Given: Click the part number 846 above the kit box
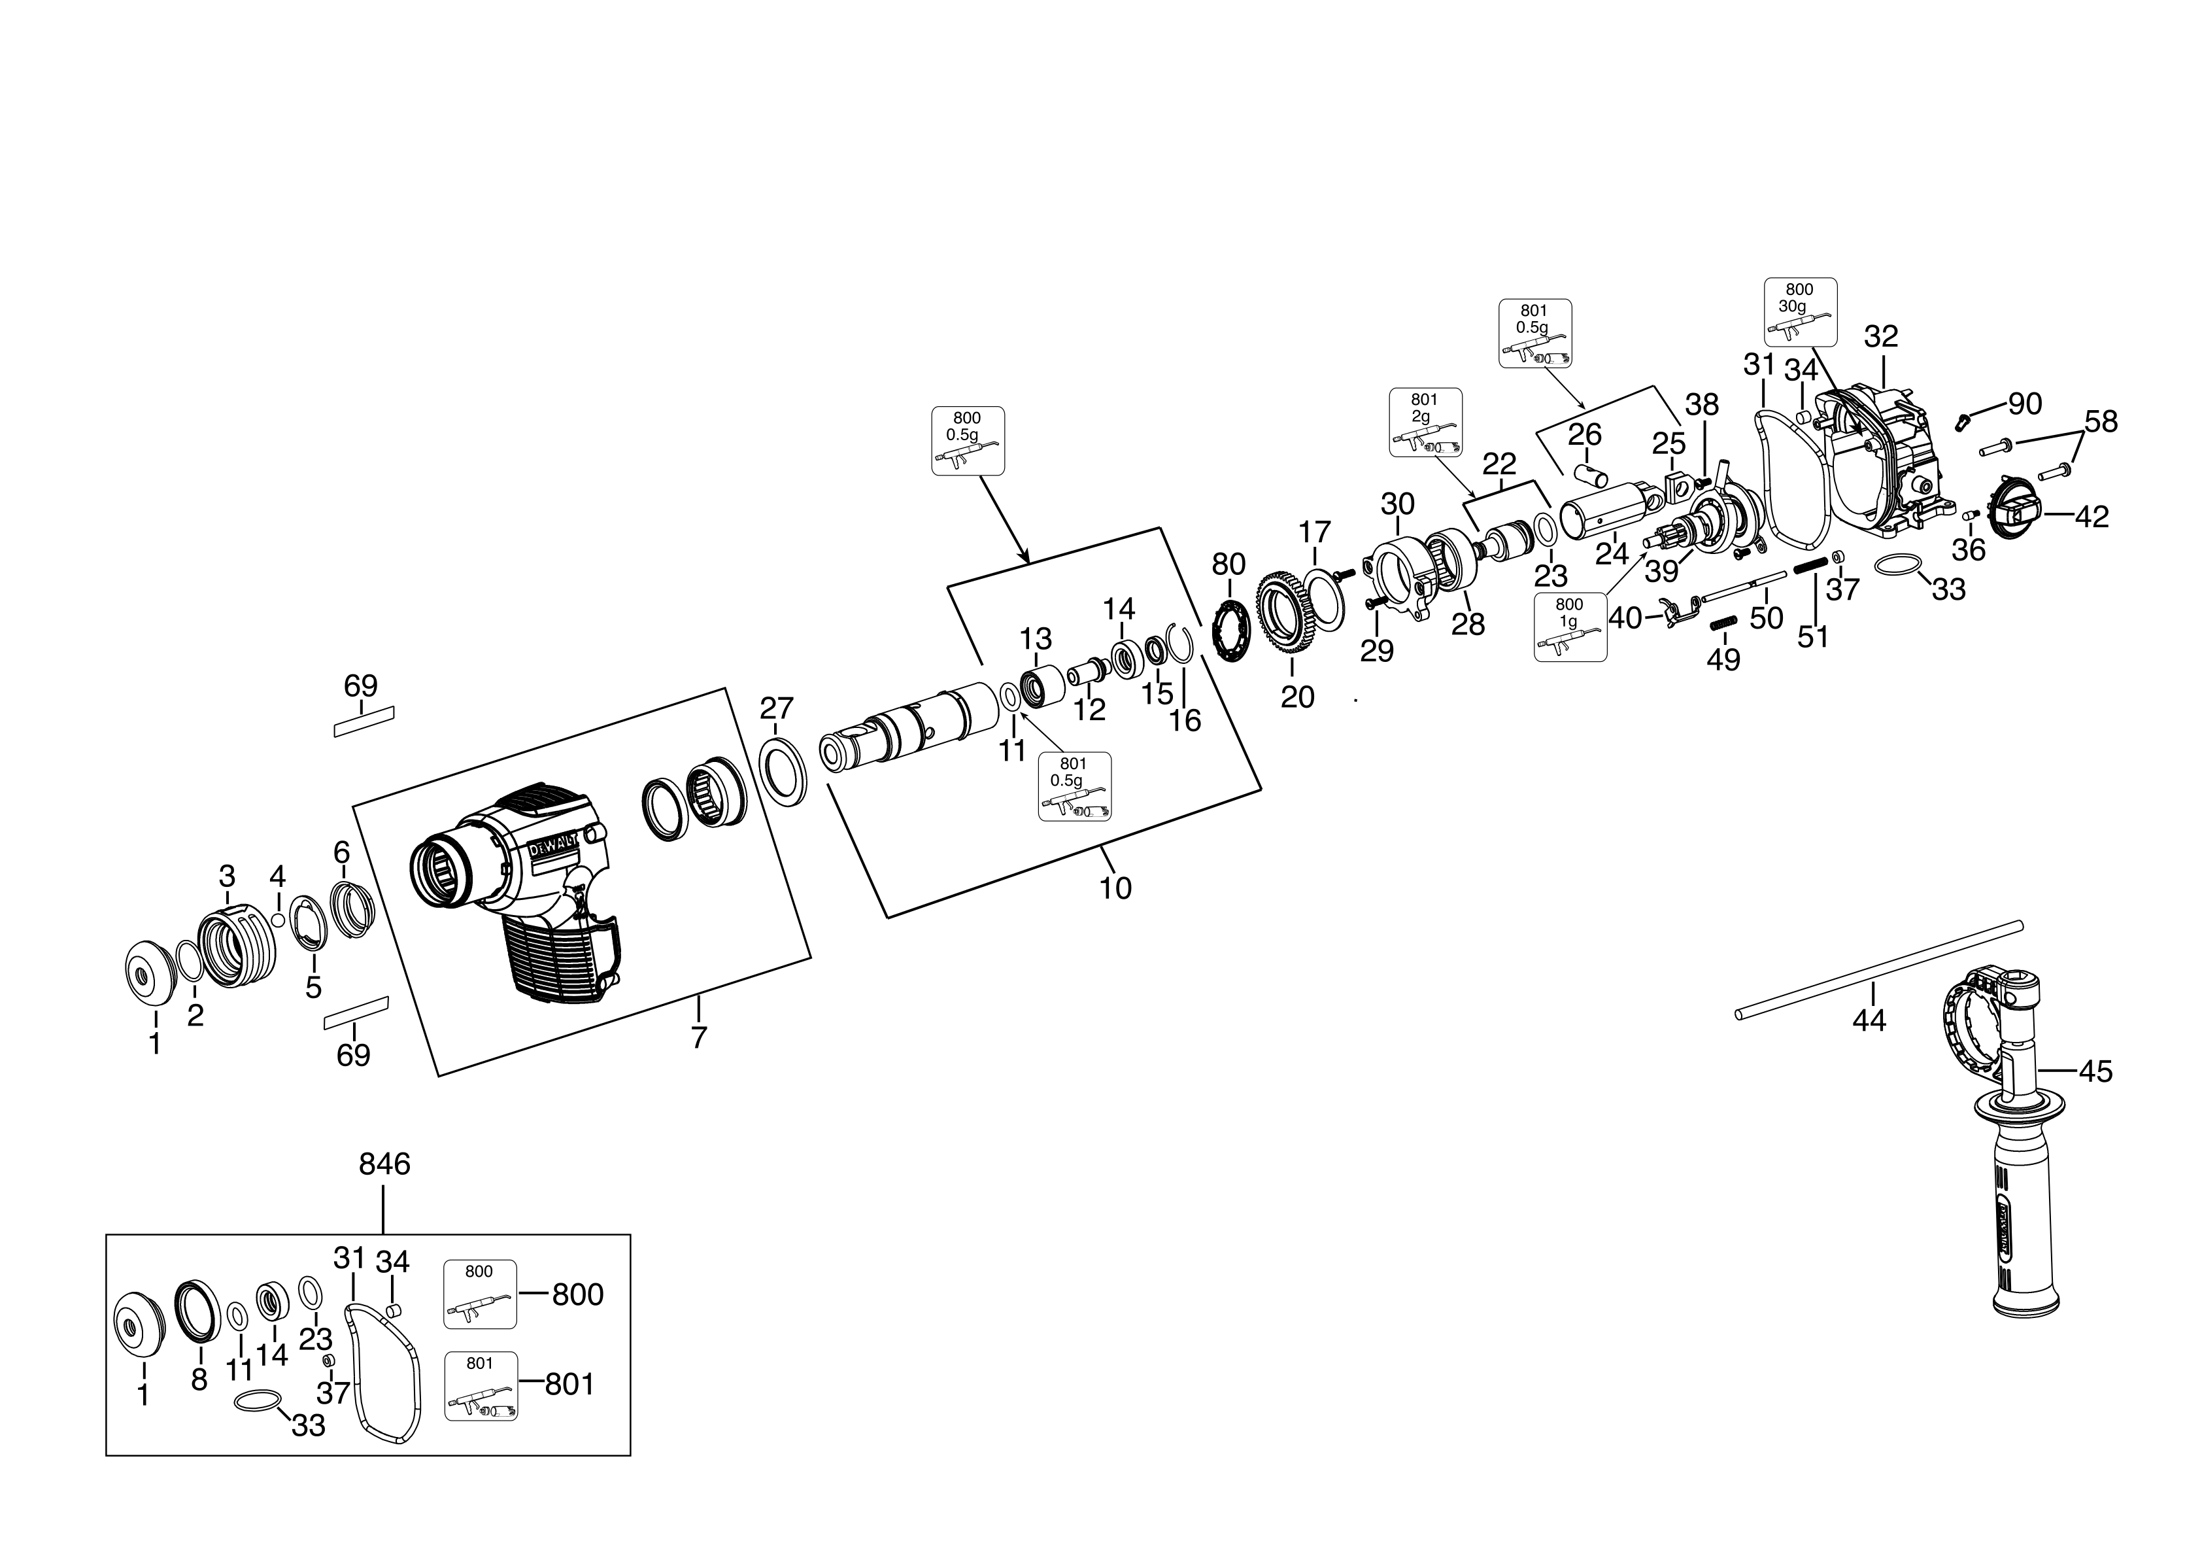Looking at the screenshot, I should point(384,1165).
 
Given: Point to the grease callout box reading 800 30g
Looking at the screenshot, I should point(1800,312).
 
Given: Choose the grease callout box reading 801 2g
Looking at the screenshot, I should point(1426,422).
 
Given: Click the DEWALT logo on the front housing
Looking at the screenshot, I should point(551,847).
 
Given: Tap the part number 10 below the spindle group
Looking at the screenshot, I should point(1115,888).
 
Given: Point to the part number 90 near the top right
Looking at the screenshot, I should point(2025,403).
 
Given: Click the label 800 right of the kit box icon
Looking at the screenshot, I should point(577,1294).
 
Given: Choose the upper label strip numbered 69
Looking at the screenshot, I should point(364,721).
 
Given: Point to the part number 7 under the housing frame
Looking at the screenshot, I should point(698,1037).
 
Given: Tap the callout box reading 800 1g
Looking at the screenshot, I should point(1570,627).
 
